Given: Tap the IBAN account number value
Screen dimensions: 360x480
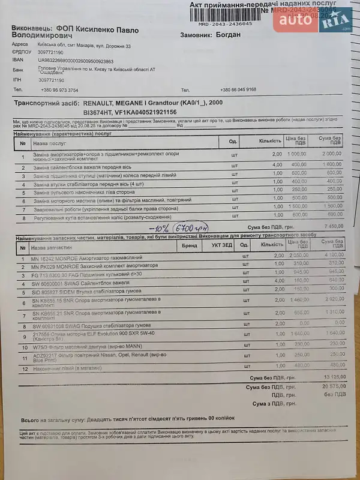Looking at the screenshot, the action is (x=76, y=61).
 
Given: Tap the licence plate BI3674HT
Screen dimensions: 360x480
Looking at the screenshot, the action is (x=98, y=112).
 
